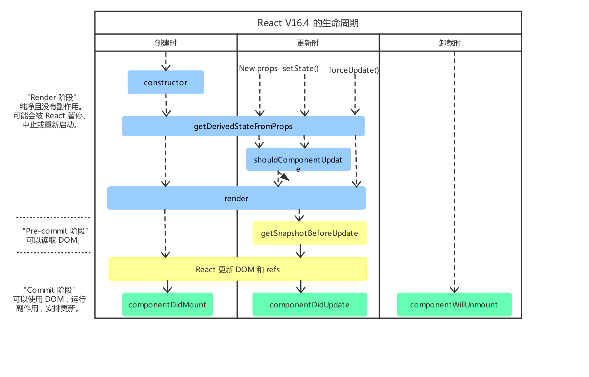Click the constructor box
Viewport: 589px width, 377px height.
pyautogui.click(x=166, y=82)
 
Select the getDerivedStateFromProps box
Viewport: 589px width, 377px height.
pyautogui.click(x=243, y=126)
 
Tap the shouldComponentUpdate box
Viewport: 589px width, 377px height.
pyautogui.click(x=298, y=159)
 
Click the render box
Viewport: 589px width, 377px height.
pyautogui.click(x=236, y=198)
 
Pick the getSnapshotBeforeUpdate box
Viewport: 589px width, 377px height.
pyautogui.click(x=309, y=233)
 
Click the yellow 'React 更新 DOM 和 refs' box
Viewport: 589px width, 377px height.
pyautogui.click(x=237, y=269)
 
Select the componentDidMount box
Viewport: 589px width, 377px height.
pyautogui.click(x=167, y=305)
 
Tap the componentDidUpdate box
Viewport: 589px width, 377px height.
pyautogui.click(x=309, y=305)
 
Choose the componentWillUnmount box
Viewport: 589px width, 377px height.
pyautogui.click(x=454, y=305)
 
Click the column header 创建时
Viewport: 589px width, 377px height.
pyautogui.click(x=166, y=43)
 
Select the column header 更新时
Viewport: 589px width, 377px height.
pyautogui.click(x=308, y=43)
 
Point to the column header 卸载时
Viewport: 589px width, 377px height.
pyautogui.click(x=450, y=43)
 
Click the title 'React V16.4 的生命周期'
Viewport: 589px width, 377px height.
pyautogui.click(x=308, y=23)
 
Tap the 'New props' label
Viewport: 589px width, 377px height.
pyautogui.click(x=258, y=68)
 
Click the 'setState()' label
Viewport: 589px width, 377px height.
pyautogui.click(x=301, y=68)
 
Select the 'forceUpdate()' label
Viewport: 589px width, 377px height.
pyautogui.click(x=354, y=70)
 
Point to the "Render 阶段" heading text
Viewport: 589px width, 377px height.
pyautogui.click(x=51, y=97)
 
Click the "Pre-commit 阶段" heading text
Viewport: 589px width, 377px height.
pyautogui.click(x=55, y=231)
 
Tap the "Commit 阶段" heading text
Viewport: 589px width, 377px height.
pyautogui.click(x=49, y=290)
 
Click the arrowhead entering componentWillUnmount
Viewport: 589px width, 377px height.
pyautogui.click(x=454, y=290)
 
